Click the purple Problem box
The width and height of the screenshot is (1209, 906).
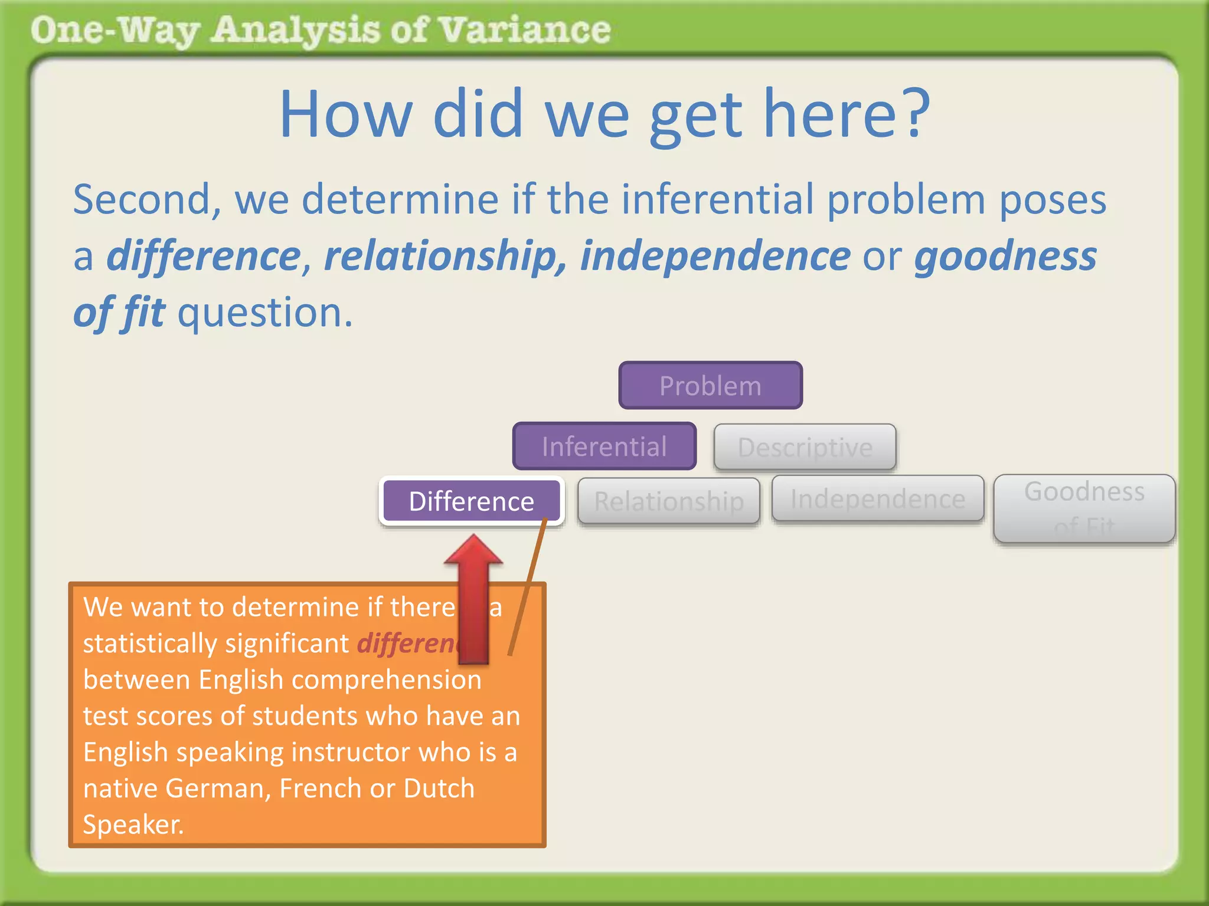710,386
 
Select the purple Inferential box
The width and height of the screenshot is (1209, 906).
604,447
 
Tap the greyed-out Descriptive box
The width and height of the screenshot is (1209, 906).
805,447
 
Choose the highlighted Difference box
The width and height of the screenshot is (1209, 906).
471,501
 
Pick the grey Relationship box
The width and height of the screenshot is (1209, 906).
668,501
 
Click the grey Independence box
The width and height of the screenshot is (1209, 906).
877,499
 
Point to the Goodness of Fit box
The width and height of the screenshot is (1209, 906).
1084,508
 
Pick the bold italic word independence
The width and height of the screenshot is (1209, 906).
715,256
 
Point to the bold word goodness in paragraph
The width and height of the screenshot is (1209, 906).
1005,256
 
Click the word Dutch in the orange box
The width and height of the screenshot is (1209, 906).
439,788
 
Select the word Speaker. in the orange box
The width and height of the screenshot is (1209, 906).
133,825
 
